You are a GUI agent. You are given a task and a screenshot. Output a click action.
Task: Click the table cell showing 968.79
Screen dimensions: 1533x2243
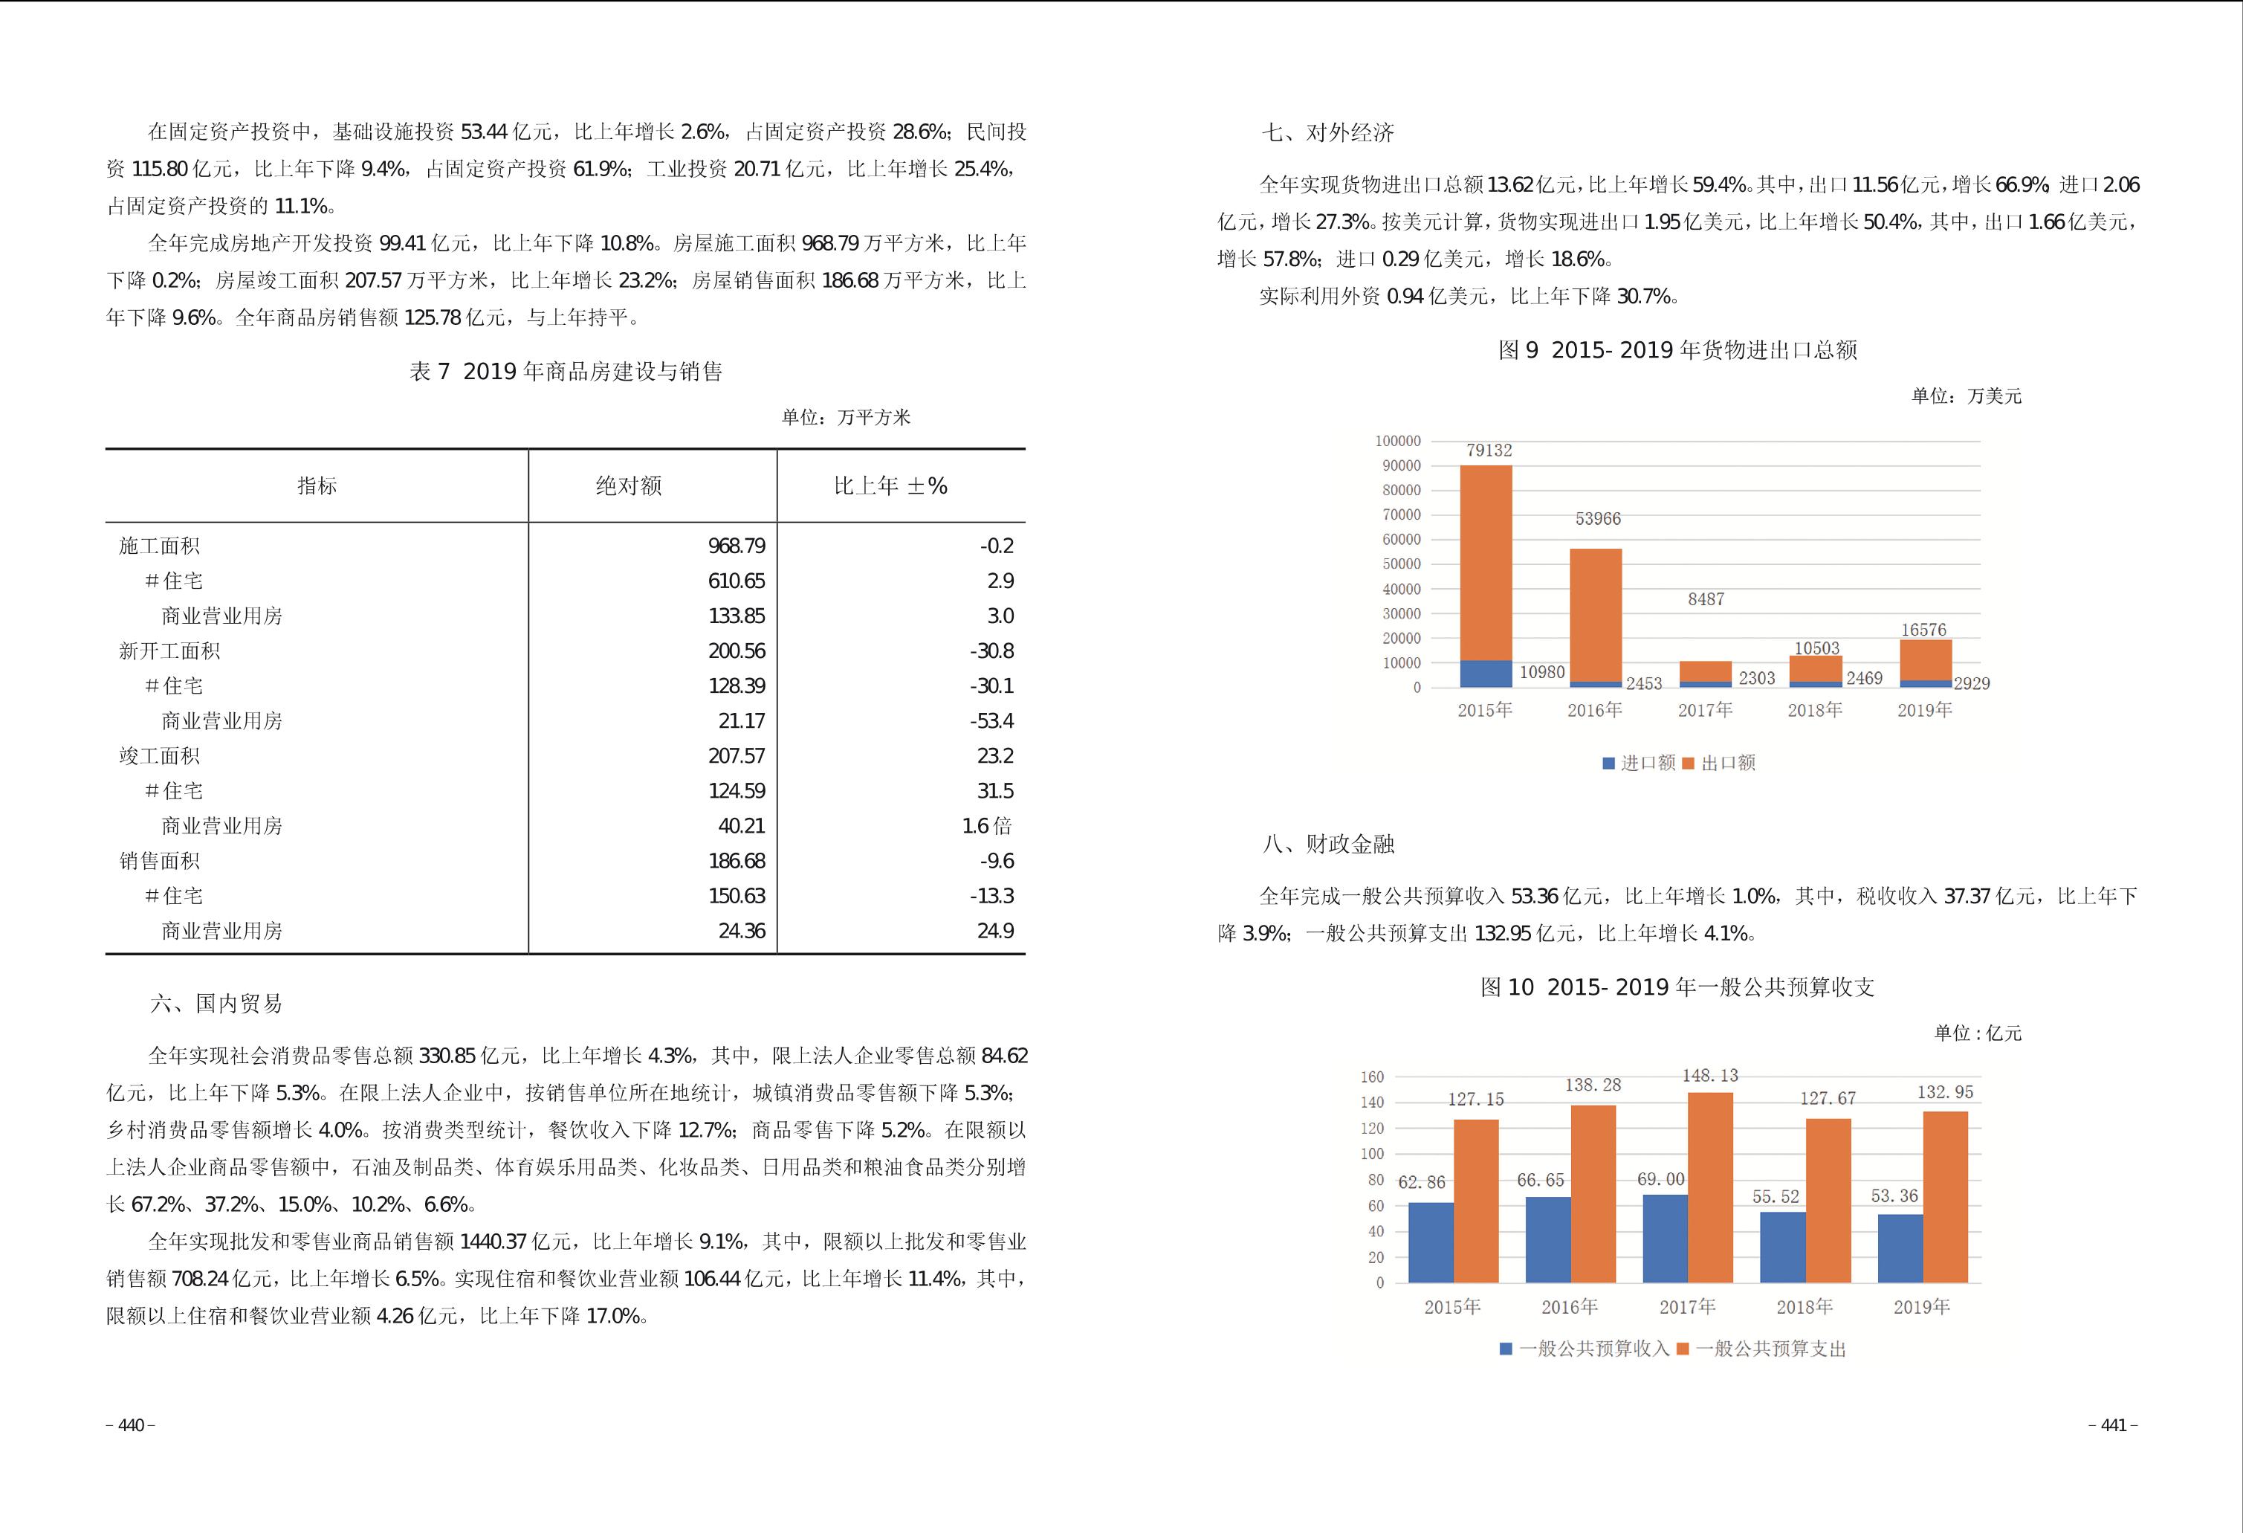[x=736, y=546]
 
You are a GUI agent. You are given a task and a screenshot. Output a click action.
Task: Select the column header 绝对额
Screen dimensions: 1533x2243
[x=628, y=485]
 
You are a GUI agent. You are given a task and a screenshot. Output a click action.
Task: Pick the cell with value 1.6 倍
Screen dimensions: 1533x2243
[x=986, y=825]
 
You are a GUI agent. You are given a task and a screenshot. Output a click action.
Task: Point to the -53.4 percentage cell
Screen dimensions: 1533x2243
[x=991, y=720]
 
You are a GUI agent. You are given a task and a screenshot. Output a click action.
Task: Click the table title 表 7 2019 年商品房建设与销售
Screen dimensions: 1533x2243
[x=566, y=372]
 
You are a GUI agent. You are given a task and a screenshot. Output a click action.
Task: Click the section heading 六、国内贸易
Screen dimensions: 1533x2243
[x=216, y=1003]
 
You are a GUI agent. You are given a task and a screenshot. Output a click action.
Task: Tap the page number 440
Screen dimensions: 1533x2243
[x=130, y=1426]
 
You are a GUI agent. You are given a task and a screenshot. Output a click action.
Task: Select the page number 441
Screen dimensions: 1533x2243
[x=2113, y=1426]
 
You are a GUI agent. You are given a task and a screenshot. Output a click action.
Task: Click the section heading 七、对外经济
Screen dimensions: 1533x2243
[x=1327, y=132]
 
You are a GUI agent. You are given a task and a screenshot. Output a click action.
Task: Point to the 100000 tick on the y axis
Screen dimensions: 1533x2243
[x=1397, y=441]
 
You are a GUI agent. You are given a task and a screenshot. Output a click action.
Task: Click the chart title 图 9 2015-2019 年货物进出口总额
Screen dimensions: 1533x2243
[x=1677, y=349]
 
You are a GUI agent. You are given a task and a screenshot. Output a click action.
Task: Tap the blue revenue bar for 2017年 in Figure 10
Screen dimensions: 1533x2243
[x=1665, y=1238]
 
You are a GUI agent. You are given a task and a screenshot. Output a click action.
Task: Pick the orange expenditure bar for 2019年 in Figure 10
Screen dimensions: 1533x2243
[x=1945, y=1197]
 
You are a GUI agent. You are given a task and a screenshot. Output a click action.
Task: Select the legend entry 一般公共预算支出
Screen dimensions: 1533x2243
[x=1761, y=1349]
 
